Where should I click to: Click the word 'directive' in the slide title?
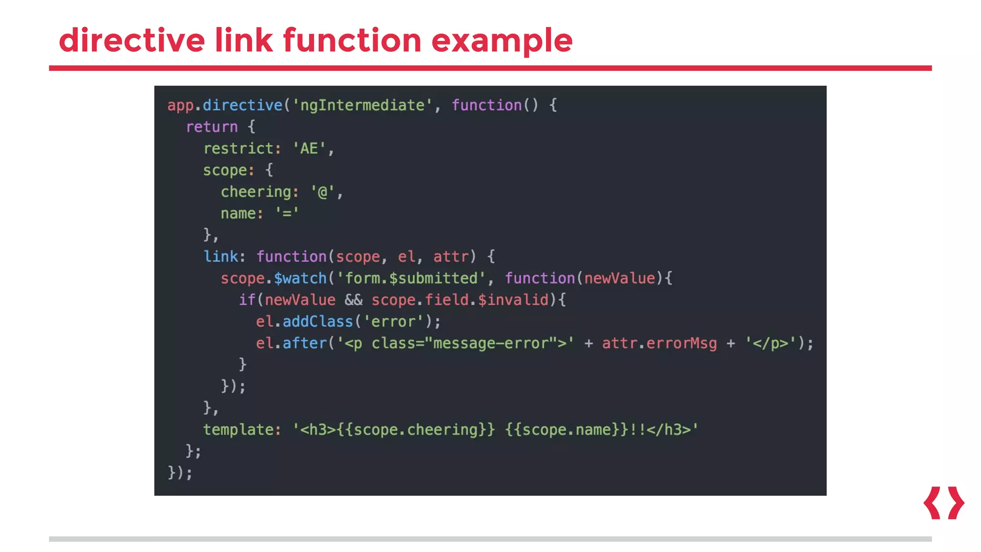132,40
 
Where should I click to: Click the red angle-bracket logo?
943,503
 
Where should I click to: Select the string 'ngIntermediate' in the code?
362,105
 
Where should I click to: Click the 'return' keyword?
212,127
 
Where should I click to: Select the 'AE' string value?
309,149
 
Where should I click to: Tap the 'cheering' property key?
256,192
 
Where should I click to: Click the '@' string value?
322,192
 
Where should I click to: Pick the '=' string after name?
287,213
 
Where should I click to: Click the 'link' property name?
221,256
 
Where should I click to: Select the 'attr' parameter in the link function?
451,257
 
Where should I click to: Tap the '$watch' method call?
300,278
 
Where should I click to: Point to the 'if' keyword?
247,300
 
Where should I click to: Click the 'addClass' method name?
318,322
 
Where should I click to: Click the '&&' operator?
354,300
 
